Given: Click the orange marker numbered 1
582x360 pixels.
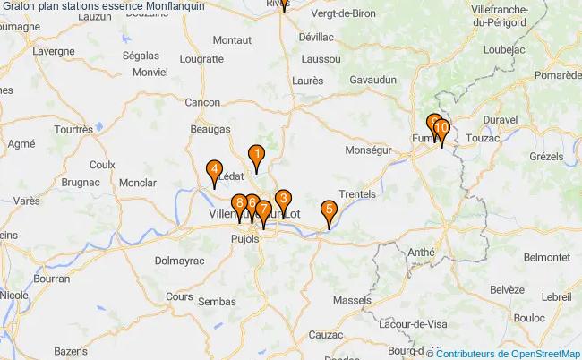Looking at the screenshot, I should point(256,156).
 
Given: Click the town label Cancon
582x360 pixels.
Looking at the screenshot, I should point(202,103).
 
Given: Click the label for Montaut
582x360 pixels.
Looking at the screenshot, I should point(232,40).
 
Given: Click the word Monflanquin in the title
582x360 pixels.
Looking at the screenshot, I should point(174,6).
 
